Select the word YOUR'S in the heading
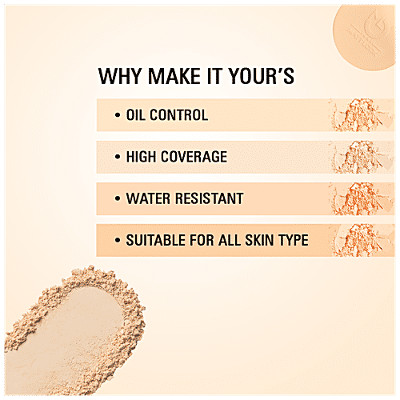tap(266, 77)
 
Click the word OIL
tap(138, 115)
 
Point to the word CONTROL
tap(181, 115)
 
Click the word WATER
tap(148, 198)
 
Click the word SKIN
tap(255, 240)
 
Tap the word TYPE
tap(292, 240)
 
